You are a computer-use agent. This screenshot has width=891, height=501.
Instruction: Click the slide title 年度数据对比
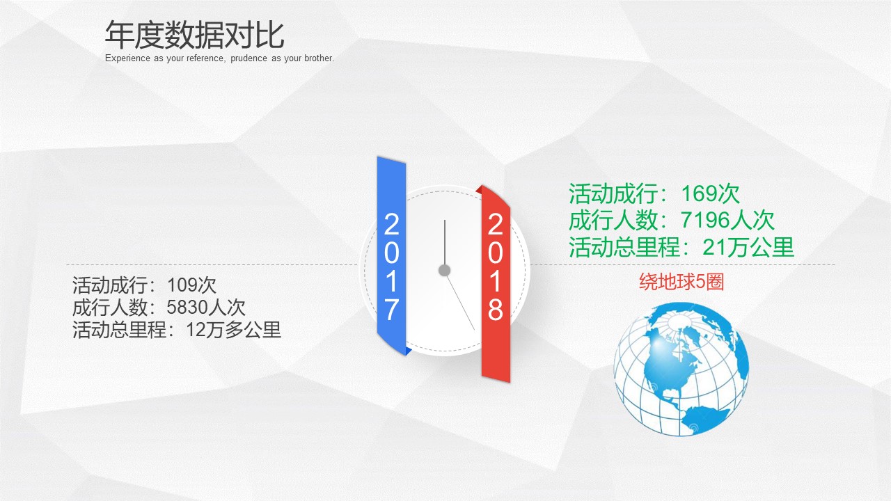coord(195,35)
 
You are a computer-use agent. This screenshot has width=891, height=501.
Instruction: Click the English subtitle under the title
coord(220,58)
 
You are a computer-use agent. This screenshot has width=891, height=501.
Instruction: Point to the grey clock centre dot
coord(444,270)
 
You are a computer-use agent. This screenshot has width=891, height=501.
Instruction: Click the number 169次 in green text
coord(711,193)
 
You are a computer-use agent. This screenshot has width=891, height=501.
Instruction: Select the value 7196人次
coord(728,221)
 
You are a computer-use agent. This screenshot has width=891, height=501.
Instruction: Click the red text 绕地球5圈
coord(681,282)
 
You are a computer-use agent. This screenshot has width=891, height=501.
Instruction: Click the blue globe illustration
coord(680,368)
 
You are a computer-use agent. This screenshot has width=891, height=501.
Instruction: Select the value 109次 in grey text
coord(192,285)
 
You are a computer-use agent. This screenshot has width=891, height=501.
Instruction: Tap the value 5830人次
coord(206,307)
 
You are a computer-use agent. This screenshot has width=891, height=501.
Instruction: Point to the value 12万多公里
coord(234,329)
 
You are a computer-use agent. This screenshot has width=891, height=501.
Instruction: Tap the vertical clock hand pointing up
coord(445,240)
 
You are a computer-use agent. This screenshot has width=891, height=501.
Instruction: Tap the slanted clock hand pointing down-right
coord(461,303)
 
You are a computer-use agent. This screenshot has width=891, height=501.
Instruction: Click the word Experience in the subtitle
coord(127,58)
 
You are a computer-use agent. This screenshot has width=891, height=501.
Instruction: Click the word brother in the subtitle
coord(317,58)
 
